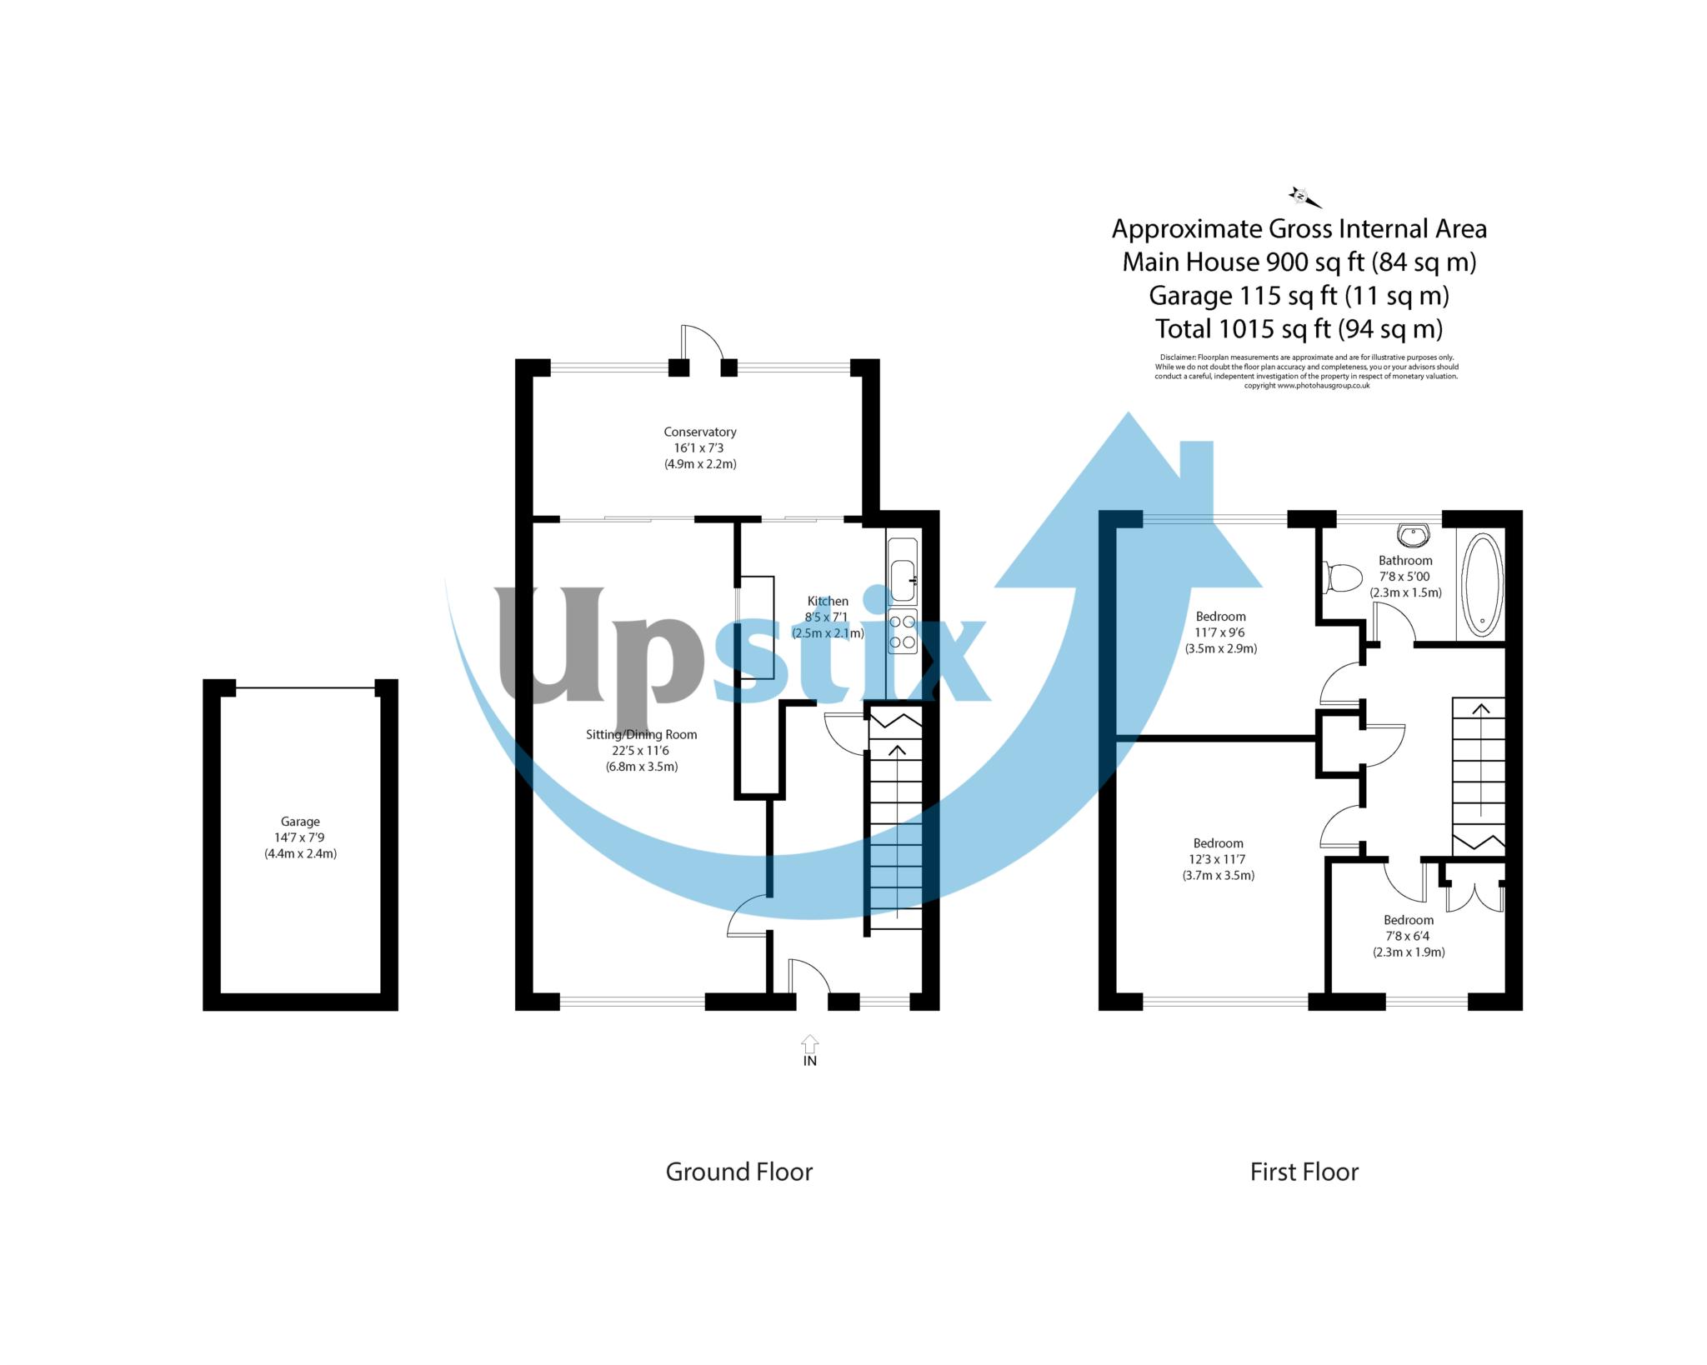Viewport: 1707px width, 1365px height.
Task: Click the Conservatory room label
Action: point(699,432)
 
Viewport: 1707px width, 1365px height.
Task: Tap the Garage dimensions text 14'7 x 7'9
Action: point(299,837)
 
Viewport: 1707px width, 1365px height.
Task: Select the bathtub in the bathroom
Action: point(1481,584)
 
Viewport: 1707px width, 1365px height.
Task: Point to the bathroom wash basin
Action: point(1414,533)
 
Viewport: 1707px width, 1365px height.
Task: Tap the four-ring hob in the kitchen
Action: point(903,632)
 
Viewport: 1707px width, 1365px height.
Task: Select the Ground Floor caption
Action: point(738,1172)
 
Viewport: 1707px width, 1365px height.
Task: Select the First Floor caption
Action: point(1304,1172)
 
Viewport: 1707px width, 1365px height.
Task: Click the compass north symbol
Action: point(1302,197)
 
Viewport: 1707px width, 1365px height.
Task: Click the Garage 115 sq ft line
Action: point(1298,295)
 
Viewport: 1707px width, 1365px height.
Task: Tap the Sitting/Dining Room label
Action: point(641,734)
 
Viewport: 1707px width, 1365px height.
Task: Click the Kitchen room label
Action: point(828,601)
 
